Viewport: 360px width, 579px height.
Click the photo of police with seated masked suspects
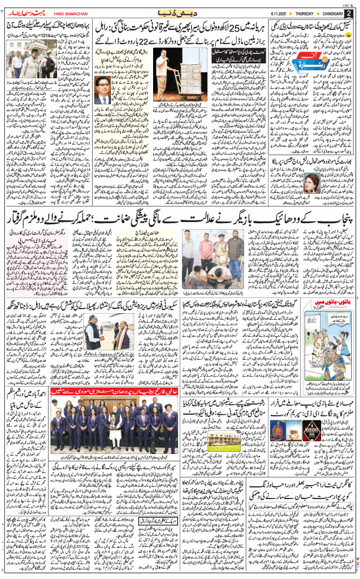214,263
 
